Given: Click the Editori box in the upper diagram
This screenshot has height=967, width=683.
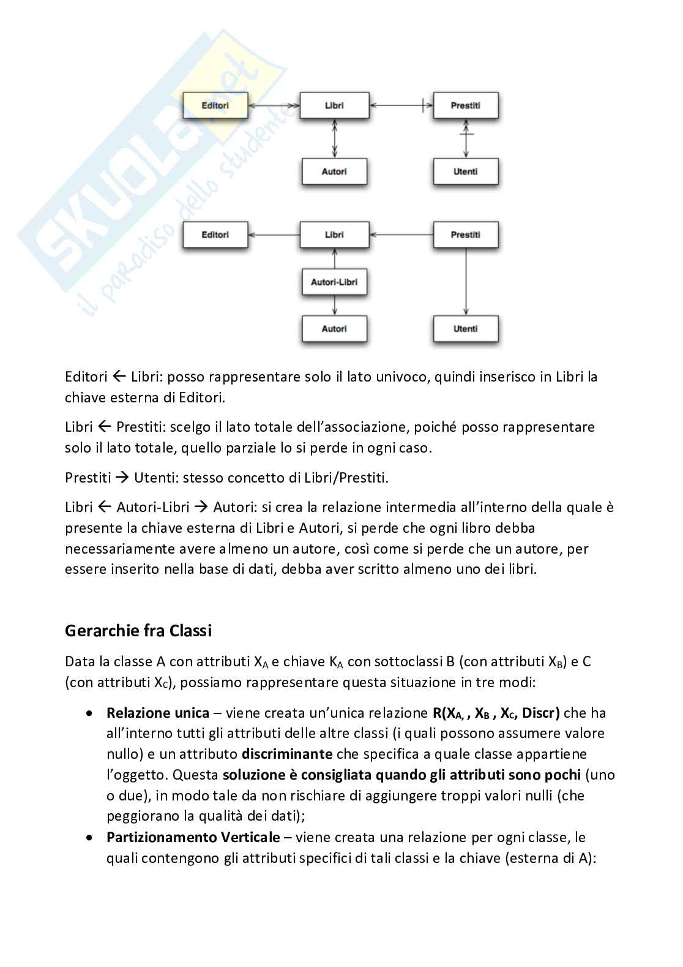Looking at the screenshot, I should (x=215, y=105).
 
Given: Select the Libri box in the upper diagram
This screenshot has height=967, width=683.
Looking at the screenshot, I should (x=334, y=105).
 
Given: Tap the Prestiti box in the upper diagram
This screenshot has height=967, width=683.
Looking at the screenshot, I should (x=465, y=105).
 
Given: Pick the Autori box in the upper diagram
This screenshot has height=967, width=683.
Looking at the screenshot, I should (x=334, y=171).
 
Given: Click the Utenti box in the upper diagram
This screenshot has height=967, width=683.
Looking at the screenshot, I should (x=465, y=171).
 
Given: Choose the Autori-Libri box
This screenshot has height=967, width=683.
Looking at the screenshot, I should (x=334, y=282).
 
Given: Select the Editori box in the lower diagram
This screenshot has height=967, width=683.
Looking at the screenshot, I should (x=215, y=235).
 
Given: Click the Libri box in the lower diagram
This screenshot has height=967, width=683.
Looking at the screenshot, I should (x=334, y=235).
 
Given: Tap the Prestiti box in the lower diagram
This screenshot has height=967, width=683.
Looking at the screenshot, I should (x=465, y=235).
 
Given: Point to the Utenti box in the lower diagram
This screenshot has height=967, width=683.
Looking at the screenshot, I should (x=465, y=329).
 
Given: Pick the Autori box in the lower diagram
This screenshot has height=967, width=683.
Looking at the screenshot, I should (x=334, y=329).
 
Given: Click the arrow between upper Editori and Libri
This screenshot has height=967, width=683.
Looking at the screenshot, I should (x=274, y=106).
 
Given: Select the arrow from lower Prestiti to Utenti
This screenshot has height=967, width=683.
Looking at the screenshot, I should (x=466, y=282).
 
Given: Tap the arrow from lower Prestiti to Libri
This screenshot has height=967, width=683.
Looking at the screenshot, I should (x=401, y=235).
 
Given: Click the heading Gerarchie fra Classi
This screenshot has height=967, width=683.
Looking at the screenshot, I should (x=138, y=630).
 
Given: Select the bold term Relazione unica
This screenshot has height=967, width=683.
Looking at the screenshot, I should (x=158, y=713).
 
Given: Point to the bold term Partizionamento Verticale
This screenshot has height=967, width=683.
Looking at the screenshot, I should (x=193, y=837).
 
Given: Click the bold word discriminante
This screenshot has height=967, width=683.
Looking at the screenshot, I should (x=287, y=754).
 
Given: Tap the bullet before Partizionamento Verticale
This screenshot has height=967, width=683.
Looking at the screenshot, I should (x=91, y=837).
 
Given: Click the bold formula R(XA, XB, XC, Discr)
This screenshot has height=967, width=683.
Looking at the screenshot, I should (x=496, y=713).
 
